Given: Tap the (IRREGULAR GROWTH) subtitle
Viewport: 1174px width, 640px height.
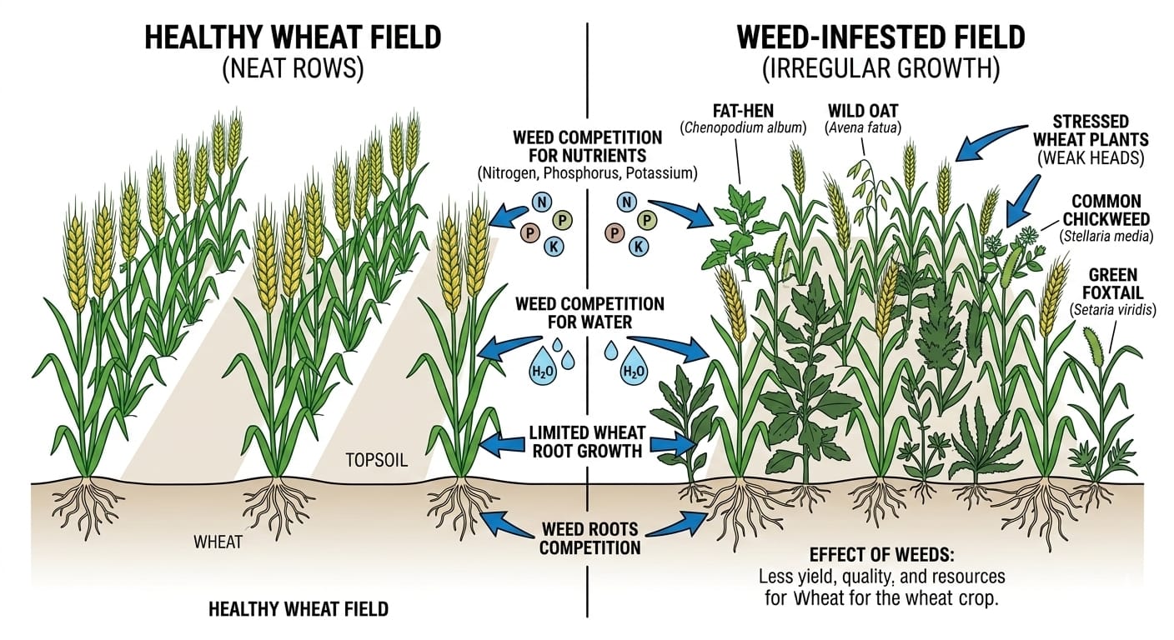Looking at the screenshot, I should coord(880,69).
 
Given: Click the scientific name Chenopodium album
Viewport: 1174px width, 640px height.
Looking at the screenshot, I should coord(743,127).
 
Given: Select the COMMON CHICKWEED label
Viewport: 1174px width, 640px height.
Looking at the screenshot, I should coord(1111,210).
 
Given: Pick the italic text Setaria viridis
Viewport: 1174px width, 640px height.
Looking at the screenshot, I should coord(1111,310).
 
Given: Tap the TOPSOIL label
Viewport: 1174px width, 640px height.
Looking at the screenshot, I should coord(376,459).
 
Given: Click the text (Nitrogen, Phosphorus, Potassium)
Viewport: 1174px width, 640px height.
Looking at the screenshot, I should coord(587,173).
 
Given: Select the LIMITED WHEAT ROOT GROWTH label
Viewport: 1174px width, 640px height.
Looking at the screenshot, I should coord(587,442).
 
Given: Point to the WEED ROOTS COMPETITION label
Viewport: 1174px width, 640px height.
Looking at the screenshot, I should coord(590,537).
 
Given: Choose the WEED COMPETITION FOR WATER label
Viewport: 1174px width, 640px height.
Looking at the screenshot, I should coord(590,312).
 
